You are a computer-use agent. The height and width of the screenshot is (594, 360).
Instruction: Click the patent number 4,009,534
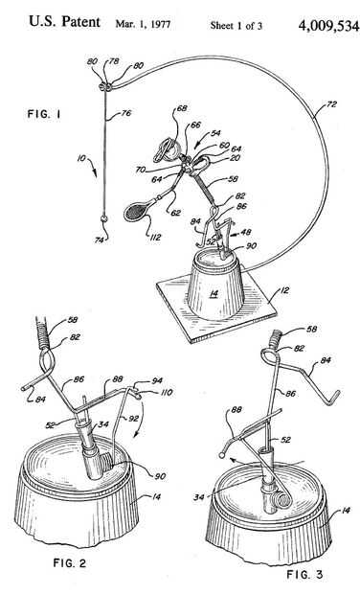tap(328, 26)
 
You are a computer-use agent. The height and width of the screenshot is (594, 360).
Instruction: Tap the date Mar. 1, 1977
tap(143, 24)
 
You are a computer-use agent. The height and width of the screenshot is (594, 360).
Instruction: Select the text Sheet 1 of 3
tap(236, 25)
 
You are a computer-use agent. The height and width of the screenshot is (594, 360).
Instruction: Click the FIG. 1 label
tap(44, 114)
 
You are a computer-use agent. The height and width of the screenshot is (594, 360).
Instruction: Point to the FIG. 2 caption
tap(70, 563)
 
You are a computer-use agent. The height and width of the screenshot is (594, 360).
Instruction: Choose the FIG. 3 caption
tap(305, 574)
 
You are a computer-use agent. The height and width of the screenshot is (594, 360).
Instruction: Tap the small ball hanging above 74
tap(104, 219)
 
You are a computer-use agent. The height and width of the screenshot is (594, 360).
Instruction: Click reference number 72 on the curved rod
tap(330, 103)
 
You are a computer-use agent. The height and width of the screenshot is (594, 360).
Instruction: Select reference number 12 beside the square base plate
tap(284, 290)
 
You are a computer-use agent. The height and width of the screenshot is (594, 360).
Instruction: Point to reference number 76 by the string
tap(126, 113)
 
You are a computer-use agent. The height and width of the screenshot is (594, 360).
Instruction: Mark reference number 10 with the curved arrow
tap(81, 158)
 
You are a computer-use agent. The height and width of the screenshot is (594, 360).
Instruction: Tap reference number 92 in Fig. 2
tap(132, 420)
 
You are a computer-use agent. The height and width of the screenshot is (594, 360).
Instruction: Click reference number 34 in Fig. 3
tap(199, 496)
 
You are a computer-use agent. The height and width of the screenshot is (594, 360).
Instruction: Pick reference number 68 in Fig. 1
tap(182, 108)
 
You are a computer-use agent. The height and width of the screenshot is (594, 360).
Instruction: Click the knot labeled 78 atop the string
tap(105, 87)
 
